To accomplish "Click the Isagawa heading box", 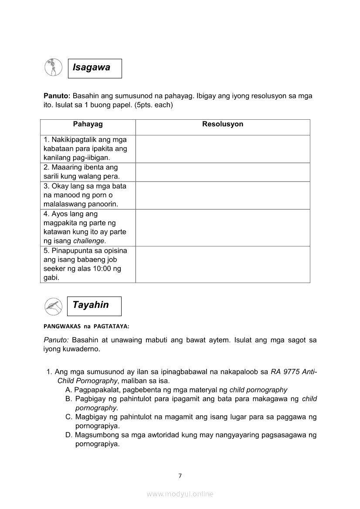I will pos(95,68).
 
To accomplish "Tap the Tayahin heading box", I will pos(94,306).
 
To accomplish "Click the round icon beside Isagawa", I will pos(53,68).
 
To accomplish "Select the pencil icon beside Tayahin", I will pos(53,306).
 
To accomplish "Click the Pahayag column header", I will pos(88,125).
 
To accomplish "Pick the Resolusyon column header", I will pos(222,125).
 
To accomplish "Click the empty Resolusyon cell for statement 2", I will pos(222,172).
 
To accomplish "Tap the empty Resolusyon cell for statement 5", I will pos(222,264).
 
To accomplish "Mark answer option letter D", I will pos(68,435).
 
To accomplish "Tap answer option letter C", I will pos(68,417).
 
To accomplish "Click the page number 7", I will pos(180,476).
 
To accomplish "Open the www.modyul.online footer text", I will pos(180,494).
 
